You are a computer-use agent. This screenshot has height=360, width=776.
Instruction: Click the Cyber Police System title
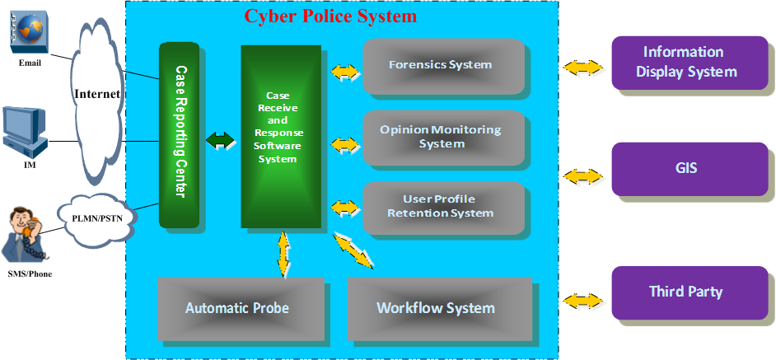pos(330,16)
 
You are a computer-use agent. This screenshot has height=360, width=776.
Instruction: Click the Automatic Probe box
pos(237,308)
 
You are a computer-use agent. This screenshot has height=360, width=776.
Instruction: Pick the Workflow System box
pos(436,308)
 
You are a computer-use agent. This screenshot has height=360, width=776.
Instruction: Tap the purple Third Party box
pos(685,292)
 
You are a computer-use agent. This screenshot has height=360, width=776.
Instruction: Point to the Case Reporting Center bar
pos(180,135)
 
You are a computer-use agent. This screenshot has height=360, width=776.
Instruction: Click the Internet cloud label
pos(97,93)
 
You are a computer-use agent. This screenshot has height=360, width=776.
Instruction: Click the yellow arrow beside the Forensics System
pos(345,72)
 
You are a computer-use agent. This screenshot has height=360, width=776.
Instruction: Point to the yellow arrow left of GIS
pos(582,175)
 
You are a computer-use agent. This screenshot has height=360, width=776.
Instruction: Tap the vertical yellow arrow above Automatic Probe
pos(284,253)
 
